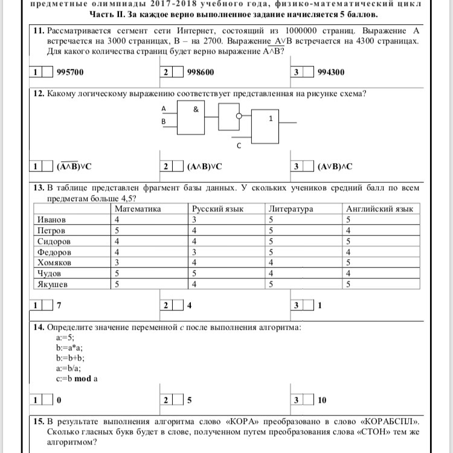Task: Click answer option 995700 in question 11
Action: point(69,72)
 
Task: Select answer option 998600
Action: point(201,72)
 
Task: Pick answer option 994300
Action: point(331,72)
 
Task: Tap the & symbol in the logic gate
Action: point(195,110)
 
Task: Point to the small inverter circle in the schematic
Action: point(239,115)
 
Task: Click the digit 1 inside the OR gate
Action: point(271,119)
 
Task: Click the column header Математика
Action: point(137,209)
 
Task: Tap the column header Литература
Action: point(291,209)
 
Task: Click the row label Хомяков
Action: point(54,263)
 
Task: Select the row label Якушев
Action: point(53,284)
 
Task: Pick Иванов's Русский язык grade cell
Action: point(195,220)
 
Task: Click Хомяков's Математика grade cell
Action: point(117,263)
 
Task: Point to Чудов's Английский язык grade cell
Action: point(349,274)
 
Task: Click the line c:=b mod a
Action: point(77,379)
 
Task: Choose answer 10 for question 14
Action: point(322,400)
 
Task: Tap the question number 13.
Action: point(39,188)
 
